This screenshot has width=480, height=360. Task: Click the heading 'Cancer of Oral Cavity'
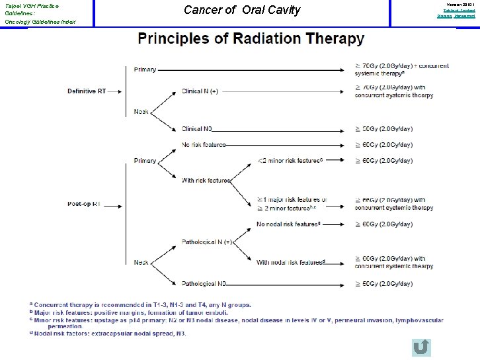pos(241,10)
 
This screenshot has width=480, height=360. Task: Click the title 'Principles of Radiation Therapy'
pos(251,38)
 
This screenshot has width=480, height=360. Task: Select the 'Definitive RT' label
pos(86,91)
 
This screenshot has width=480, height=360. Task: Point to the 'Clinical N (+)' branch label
pos(200,91)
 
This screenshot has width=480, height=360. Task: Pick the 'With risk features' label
pos(206,180)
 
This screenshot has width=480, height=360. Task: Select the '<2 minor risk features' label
pos(290,159)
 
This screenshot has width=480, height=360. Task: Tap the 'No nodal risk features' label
pos(290,224)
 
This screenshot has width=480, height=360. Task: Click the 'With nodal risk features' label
pos(292,262)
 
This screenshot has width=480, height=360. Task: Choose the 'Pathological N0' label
pos(204,283)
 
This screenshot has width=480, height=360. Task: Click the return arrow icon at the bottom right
pos(420,348)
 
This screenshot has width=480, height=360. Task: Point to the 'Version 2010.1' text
pos(458,4)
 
